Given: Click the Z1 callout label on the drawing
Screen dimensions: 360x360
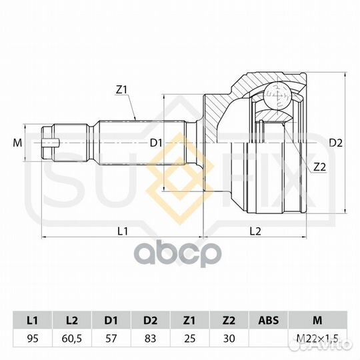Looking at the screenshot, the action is click(x=122, y=90).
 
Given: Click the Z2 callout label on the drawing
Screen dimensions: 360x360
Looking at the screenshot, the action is click(x=319, y=167).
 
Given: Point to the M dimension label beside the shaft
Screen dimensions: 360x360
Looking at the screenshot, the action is click(x=17, y=143).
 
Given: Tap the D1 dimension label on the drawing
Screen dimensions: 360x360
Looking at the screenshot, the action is click(x=156, y=143).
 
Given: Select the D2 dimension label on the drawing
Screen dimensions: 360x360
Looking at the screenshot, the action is click(x=335, y=143).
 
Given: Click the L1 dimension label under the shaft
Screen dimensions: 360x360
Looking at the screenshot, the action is click(x=123, y=231).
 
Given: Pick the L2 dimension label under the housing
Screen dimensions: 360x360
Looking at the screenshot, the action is click(x=255, y=231).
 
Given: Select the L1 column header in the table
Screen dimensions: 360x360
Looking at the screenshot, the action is click(x=33, y=320).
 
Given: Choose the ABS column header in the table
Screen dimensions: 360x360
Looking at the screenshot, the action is click(x=269, y=320).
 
